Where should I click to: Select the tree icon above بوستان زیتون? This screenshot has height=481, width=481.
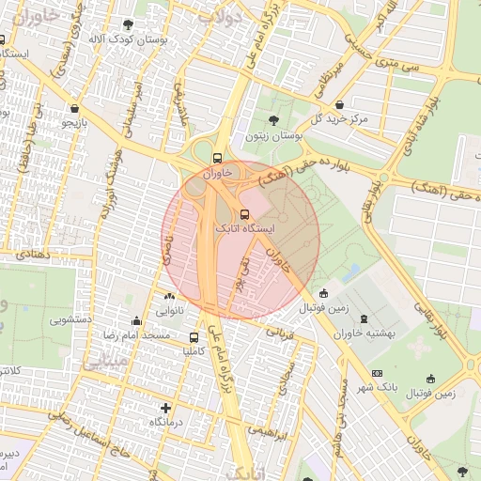pos(273,120)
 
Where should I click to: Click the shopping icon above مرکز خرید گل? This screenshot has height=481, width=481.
pos(339,104)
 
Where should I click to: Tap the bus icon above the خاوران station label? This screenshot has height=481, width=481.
pos(218,158)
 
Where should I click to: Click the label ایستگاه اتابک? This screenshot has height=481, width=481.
pos(247,228)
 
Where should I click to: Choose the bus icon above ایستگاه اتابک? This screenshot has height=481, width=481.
pos(245,213)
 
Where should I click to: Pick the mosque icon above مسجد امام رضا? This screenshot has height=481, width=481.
pos(137,319)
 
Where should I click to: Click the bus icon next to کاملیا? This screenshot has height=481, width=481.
pos(194,337)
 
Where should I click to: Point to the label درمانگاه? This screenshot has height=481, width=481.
pos(167,423)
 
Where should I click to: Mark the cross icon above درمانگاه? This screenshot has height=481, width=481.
pos(166,408)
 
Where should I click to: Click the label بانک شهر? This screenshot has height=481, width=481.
pos(379,387)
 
